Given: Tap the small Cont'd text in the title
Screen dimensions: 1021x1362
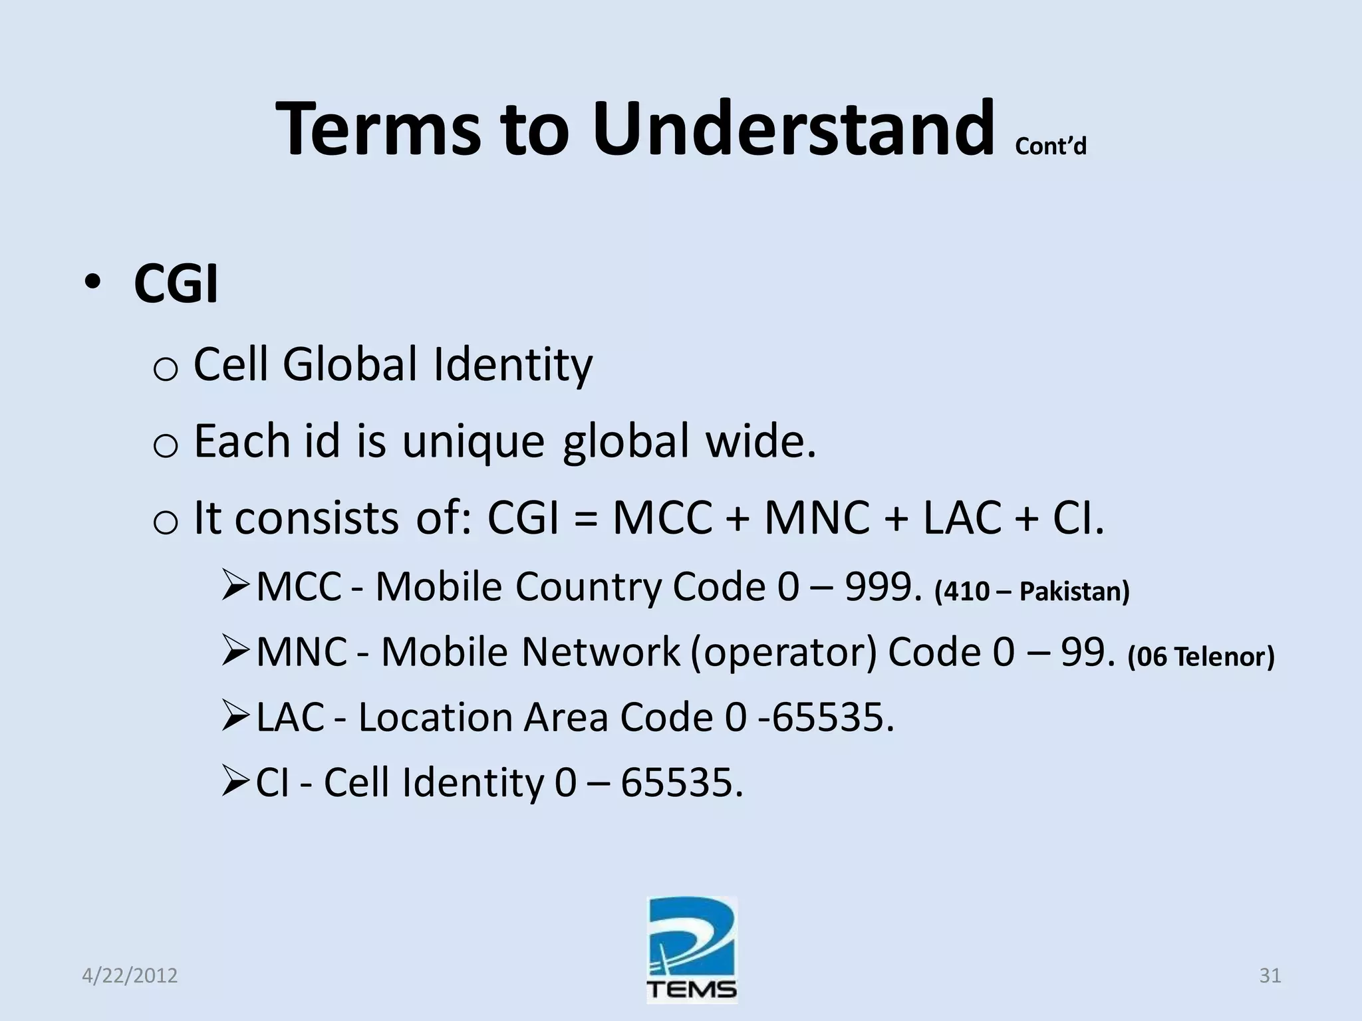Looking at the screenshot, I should [1051, 146].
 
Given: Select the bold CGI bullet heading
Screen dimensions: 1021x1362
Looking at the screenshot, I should [176, 284].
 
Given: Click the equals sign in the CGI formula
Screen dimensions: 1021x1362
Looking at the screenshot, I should [585, 518].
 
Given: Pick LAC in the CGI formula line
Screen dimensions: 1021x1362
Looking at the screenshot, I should [962, 518].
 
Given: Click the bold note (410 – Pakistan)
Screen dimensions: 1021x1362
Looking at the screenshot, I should [1031, 591].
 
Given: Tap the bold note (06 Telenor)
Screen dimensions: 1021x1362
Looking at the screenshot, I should [1201, 657].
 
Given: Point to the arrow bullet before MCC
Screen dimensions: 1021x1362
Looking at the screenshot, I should [236, 586].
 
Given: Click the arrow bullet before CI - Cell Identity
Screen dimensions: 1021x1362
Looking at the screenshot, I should [236, 781].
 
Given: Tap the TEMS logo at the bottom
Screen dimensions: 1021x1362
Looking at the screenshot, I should [692, 949].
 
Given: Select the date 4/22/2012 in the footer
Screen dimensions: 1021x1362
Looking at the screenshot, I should [130, 976].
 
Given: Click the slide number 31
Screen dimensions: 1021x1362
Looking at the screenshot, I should [1270, 976].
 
